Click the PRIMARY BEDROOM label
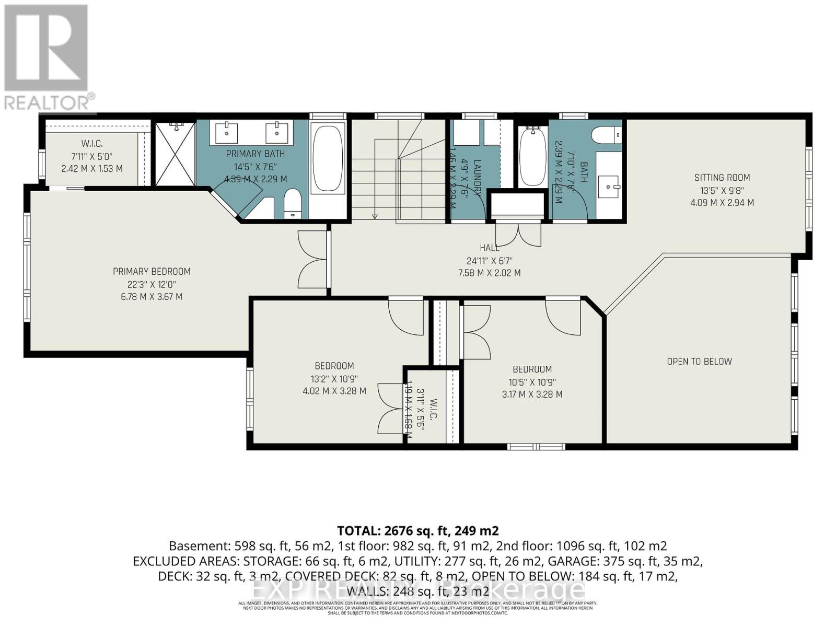pyautogui.click(x=152, y=271)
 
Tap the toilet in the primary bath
pyautogui.click(x=293, y=204)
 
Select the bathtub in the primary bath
pyautogui.click(x=328, y=157)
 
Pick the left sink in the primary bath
pyautogui.click(x=227, y=133)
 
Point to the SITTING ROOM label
pyautogui.click(x=722, y=178)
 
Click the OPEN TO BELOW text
pyautogui.click(x=699, y=362)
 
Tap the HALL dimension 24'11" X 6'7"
pyautogui.click(x=490, y=260)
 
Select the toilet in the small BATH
pyautogui.click(x=606, y=135)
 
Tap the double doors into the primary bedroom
pyautogui.click(x=312, y=259)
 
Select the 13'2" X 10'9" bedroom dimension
pyautogui.click(x=334, y=379)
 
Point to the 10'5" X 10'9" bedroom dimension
pyautogui.click(x=532, y=382)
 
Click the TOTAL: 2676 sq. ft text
pyautogui.click(x=418, y=531)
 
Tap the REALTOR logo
pyautogui.click(x=47, y=57)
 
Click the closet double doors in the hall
pyautogui.click(x=518, y=234)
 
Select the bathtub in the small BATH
pyautogui.click(x=533, y=157)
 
